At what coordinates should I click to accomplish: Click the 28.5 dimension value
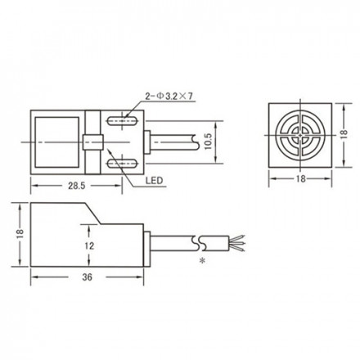pyautogui.click(x=77, y=186)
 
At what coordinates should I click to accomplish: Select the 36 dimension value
pyautogui.click(x=87, y=277)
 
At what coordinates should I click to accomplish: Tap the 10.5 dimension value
pyautogui.click(x=208, y=142)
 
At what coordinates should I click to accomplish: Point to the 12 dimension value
pyautogui.click(x=89, y=245)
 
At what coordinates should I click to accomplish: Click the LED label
pyautogui.click(x=154, y=181)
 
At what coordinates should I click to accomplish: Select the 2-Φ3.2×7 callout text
pyautogui.click(x=170, y=97)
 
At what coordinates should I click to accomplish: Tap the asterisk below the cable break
pyautogui.click(x=202, y=261)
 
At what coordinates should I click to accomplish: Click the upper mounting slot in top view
pyautogui.click(x=122, y=120)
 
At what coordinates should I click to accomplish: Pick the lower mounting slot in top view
pyautogui.click(x=122, y=164)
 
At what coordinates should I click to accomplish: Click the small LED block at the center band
pyautogui.click(x=92, y=142)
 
